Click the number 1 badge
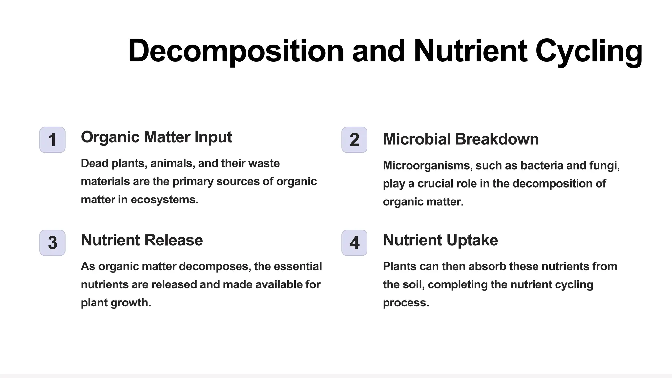[52, 140]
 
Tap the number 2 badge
[354, 140]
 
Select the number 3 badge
[52, 243]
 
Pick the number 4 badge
[354, 243]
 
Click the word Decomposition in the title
[236, 51]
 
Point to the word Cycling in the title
[589, 51]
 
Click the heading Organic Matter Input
[156, 137]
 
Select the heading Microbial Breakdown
[461, 139]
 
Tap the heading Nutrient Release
[142, 240]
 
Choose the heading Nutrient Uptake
[440, 240]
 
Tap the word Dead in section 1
[94, 163]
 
